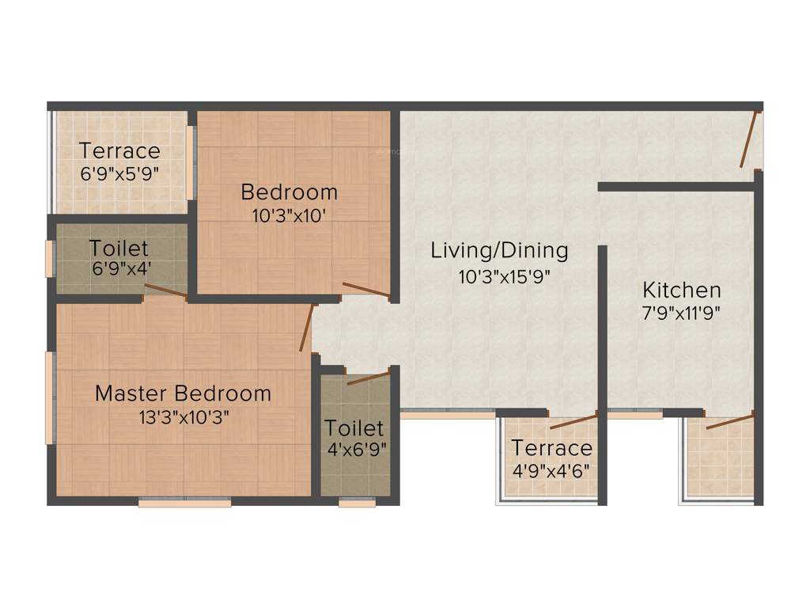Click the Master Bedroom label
tap(183, 393)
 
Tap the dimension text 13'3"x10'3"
tap(183, 417)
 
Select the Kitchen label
tap(681, 289)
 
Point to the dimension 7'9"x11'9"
tap(681, 312)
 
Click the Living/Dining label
tap(499, 251)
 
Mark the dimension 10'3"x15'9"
tap(499, 276)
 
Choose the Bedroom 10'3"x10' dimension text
tap(289, 215)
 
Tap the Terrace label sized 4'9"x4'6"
tap(551, 448)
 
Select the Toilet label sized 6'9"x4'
tap(119, 247)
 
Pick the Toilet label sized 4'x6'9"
tap(354, 428)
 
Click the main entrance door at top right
tap(750, 139)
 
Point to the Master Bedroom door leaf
tap(308, 328)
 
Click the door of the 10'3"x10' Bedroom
tap(365, 290)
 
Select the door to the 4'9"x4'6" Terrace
tap(573, 420)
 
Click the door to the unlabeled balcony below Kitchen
tap(729, 420)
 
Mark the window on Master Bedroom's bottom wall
tap(184, 502)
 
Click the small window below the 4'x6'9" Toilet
tap(357, 502)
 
